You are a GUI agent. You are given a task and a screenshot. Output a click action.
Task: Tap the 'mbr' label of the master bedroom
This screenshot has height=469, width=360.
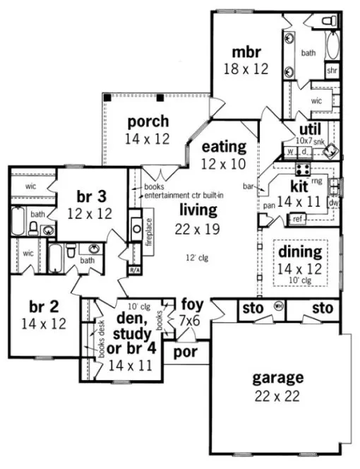pos(248,52)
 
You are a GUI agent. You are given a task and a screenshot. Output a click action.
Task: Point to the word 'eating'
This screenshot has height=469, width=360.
pos(224,148)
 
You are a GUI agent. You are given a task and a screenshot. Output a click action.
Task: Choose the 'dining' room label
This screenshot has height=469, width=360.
pos(299,251)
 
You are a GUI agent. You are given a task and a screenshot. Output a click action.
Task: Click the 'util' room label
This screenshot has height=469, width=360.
pos(310,130)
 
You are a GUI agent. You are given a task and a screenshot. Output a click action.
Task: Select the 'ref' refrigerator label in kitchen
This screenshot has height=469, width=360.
pos(297,220)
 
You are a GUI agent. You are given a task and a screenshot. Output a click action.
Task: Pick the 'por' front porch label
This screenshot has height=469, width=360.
pos(186,351)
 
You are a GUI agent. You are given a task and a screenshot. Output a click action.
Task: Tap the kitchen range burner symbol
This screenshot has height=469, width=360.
pos(303,169)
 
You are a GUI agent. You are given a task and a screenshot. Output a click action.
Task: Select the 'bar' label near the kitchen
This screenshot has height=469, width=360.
pos(248,187)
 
